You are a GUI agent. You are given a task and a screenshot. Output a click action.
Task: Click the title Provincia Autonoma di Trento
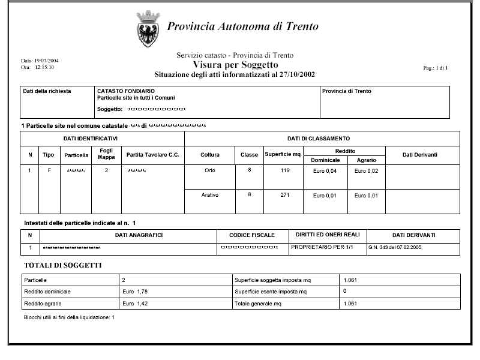242,27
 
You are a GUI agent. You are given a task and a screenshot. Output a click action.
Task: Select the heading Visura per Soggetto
235,65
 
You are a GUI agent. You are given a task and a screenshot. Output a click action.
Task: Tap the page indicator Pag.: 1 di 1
436,68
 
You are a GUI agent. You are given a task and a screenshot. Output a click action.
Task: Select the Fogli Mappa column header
106,155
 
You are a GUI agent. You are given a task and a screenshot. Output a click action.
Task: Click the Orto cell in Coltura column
209,171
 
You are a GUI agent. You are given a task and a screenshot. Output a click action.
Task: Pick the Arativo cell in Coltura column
209,196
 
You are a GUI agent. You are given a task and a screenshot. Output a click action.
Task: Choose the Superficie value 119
284,171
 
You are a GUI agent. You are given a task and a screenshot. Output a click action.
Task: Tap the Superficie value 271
284,196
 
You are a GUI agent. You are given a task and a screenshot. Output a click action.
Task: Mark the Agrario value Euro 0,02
366,172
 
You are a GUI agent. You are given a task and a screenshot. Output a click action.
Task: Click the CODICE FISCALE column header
252,235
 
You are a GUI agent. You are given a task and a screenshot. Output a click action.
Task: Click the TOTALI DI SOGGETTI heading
62,265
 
